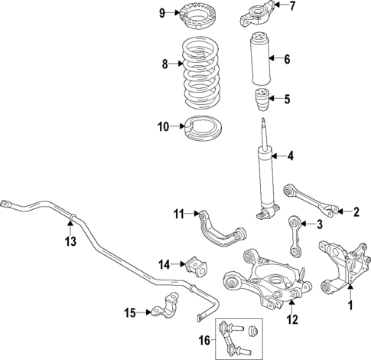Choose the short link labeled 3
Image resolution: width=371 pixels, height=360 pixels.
click(291, 236)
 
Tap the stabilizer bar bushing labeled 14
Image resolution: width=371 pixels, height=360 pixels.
click(196, 267)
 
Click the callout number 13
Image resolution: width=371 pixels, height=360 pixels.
click(70, 242)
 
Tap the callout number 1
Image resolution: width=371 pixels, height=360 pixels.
click(350, 306)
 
